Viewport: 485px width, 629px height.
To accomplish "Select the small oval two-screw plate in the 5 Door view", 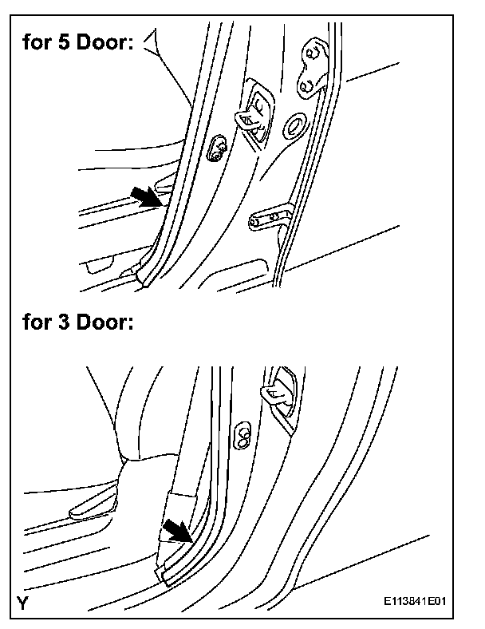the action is pos(216,147).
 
